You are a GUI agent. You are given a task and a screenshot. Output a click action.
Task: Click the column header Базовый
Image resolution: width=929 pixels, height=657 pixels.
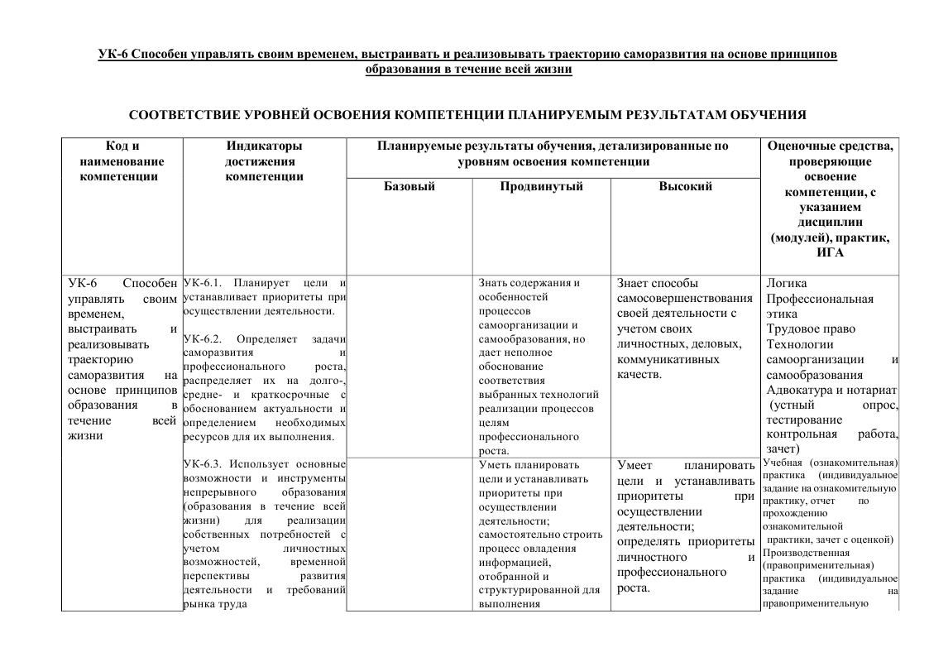click(x=409, y=187)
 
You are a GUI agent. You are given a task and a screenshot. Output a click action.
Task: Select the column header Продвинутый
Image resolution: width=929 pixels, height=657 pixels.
click(x=541, y=187)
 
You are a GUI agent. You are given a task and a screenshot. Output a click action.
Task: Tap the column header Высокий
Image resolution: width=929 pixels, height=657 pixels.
click(x=685, y=187)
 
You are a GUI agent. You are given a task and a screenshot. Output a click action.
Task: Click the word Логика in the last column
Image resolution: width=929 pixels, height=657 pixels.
click(x=787, y=284)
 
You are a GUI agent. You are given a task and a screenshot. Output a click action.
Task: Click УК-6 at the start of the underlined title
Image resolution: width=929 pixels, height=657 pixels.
click(x=113, y=55)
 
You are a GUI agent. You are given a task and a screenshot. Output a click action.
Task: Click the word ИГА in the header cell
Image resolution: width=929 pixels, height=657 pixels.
click(x=830, y=252)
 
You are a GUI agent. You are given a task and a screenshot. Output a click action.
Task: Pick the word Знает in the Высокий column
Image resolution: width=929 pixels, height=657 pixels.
click(x=634, y=284)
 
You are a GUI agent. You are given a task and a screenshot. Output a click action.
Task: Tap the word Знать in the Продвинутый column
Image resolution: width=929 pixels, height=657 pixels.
click(x=494, y=283)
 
